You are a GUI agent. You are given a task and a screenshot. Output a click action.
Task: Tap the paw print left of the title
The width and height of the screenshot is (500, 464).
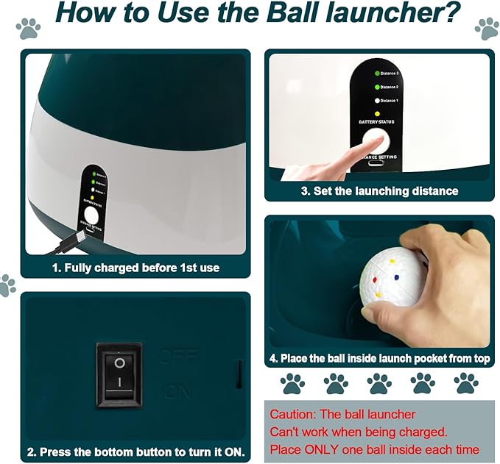tap(28, 29)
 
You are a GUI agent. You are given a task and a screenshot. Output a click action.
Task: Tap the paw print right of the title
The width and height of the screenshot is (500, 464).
tap(486, 28)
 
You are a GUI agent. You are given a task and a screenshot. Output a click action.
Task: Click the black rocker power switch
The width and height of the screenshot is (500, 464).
tap(119, 374)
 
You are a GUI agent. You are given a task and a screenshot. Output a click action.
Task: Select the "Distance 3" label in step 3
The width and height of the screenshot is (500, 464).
tap(390, 74)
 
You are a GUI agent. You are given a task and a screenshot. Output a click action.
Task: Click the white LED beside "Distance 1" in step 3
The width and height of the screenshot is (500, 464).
tap(376, 101)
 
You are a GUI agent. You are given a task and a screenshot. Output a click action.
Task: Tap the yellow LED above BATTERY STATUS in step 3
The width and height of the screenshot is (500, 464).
tap(376, 113)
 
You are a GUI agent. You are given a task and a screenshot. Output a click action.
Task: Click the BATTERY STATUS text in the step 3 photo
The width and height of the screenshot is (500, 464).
tap(378, 122)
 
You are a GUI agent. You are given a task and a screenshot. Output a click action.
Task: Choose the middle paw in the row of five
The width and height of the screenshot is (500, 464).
tap(379, 383)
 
